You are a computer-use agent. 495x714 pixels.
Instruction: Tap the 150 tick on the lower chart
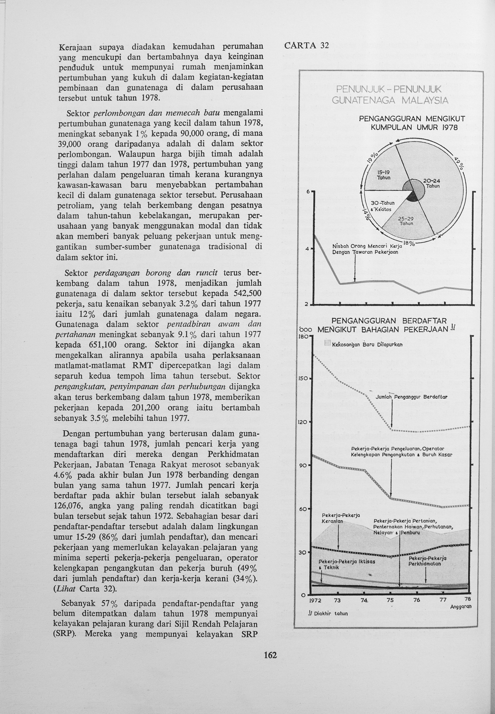[304, 378]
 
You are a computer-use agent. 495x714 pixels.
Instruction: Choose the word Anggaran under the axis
[461, 607]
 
